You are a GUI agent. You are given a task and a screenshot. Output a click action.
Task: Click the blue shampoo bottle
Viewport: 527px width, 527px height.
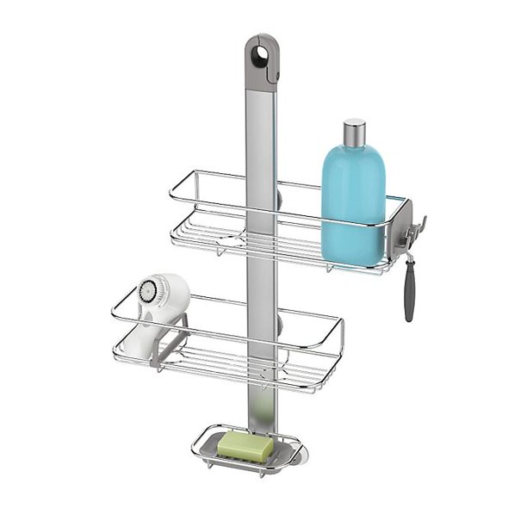click(x=353, y=202)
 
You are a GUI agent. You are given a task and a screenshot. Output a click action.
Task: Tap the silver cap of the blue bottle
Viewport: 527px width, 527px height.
click(x=353, y=133)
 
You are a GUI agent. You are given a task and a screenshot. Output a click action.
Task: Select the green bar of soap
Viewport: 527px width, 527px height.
click(x=245, y=445)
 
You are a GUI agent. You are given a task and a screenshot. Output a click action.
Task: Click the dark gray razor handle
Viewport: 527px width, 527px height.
click(x=409, y=293)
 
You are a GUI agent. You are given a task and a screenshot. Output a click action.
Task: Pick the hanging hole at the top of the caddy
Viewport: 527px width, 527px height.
click(x=262, y=58)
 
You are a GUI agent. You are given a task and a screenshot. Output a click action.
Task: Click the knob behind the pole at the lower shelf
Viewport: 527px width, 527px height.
click(x=282, y=328)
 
